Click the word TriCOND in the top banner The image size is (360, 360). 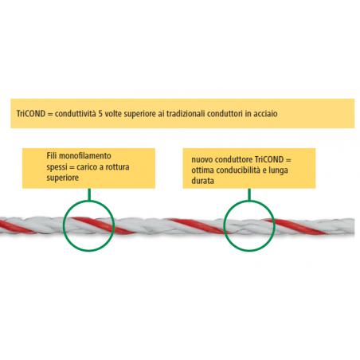31,114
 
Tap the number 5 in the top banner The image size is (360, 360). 100,114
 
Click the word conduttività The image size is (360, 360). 76,114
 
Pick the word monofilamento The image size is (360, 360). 84,155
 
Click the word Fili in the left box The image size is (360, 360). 52,155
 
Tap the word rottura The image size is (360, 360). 117,167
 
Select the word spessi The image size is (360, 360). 57,168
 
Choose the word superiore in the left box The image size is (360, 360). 63,178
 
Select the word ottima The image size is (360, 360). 202,170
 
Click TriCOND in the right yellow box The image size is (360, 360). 269,159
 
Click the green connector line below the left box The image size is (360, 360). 89,194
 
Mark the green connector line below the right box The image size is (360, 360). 249,194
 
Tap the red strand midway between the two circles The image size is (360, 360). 197,226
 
